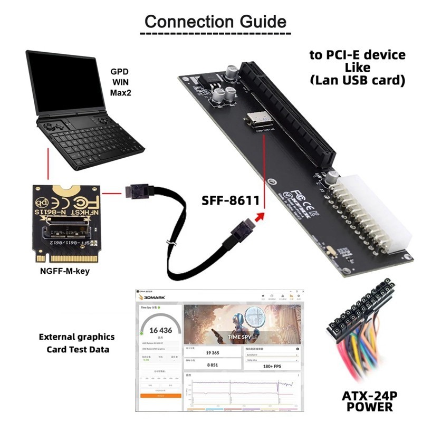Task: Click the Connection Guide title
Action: point(215,22)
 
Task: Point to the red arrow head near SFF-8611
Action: point(258,216)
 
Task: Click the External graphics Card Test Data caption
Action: point(77,343)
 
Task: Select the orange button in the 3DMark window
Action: point(160,395)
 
